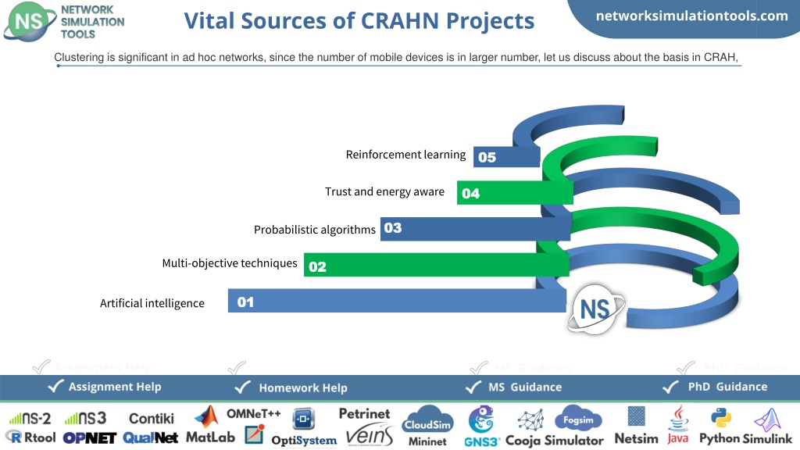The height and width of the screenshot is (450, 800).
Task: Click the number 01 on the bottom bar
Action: pos(245,302)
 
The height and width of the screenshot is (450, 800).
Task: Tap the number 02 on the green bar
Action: pos(317,266)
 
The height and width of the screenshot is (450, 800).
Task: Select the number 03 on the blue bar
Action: pos(393,227)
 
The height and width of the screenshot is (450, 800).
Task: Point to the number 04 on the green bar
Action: pos(470,194)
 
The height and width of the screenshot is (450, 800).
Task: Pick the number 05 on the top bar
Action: pos(487,157)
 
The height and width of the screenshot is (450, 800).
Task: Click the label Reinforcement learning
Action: pos(405,155)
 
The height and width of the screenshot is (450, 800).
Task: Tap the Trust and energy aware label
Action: pos(384,192)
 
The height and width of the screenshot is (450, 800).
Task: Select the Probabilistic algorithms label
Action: pos(315,230)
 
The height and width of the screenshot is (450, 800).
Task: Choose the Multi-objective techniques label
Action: pos(230,263)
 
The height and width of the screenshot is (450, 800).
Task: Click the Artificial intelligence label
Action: pos(152,303)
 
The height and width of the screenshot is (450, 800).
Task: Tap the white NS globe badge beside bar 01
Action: pos(595,309)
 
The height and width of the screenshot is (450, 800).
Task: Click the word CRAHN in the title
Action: pos(399,21)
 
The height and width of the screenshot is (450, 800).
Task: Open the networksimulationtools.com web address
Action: pos(692,16)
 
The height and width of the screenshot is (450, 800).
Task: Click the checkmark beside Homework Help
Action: pos(242,387)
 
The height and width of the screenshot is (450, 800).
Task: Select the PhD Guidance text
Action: pos(727,387)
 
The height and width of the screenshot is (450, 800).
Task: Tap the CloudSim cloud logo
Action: pos(427,420)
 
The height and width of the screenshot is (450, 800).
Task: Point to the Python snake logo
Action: pos(721,419)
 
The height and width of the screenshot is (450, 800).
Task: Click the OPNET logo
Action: pos(89,437)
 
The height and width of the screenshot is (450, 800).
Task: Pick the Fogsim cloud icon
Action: pos(578,419)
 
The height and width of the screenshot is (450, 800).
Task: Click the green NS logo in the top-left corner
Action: pos(29,21)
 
